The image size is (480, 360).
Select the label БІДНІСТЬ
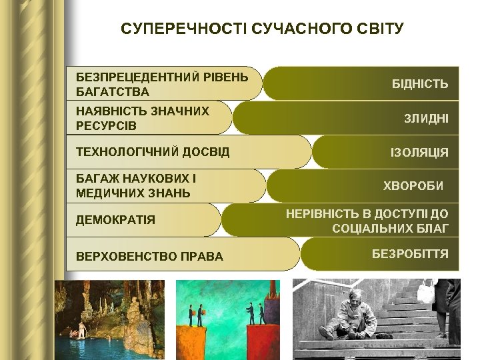(419, 85)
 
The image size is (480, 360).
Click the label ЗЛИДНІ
(426, 119)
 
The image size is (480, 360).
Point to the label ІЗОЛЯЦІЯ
(419, 153)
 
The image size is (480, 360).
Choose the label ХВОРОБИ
(413, 185)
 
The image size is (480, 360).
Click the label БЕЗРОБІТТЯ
(409, 254)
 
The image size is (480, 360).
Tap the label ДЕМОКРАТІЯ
(115, 219)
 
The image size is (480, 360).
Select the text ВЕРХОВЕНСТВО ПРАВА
(149, 256)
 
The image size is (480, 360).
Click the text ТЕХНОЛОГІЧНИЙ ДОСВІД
(153, 152)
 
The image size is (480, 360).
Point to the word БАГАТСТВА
(113, 91)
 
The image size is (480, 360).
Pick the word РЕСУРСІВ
(106, 126)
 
